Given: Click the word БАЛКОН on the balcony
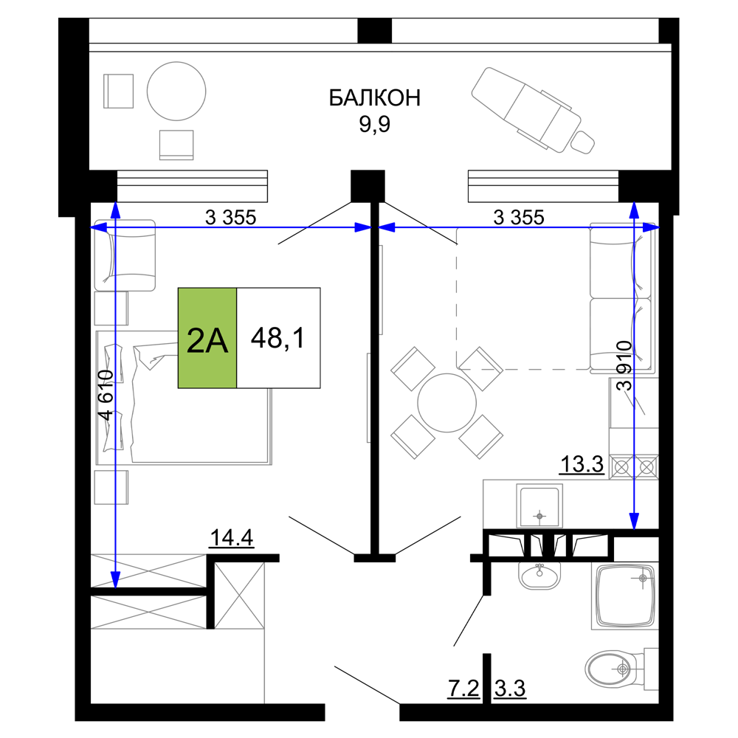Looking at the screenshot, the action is (374, 98).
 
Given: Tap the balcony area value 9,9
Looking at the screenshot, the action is (375, 124).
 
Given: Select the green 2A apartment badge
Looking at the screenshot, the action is (207, 338).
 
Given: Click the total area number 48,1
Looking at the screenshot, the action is (277, 338).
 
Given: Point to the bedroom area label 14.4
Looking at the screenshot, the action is (232, 537).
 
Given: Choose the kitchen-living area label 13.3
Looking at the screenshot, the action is (582, 464).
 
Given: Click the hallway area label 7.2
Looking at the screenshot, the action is (463, 689).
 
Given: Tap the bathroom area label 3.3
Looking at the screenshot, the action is (510, 689).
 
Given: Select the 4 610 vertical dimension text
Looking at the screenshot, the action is (106, 395).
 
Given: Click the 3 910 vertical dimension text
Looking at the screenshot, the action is (624, 366).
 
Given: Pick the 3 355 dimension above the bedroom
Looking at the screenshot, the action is (230, 218).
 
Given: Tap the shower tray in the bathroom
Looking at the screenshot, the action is (625, 596).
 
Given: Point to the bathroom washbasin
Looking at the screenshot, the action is (539, 575).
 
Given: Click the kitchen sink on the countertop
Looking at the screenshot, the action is (539, 506).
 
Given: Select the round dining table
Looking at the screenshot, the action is (446, 403).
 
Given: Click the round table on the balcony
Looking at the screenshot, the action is (176, 92).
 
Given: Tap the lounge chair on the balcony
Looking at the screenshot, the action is (533, 111).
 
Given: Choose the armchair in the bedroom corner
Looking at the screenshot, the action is (125, 255).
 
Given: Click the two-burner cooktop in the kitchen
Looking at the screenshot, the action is (634, 467).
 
